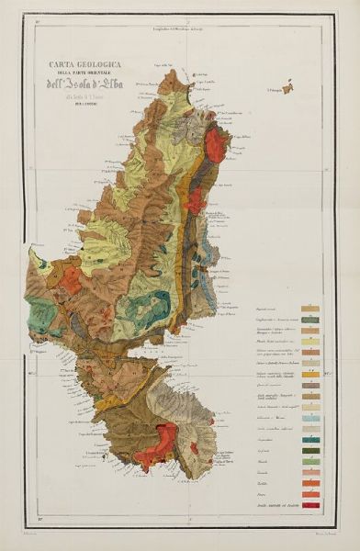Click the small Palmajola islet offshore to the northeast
pos(287,89)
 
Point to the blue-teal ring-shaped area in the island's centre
pos(147,307)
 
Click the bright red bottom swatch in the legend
pos(311,504)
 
